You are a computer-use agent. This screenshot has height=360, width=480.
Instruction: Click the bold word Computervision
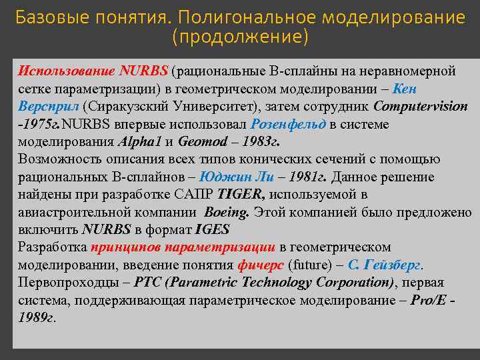coord(421,106)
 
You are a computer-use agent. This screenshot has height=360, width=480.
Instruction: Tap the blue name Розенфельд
coord(289,124)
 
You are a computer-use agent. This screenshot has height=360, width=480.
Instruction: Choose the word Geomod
coord(198,141)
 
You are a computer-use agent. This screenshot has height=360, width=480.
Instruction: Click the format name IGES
coord(212,229)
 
